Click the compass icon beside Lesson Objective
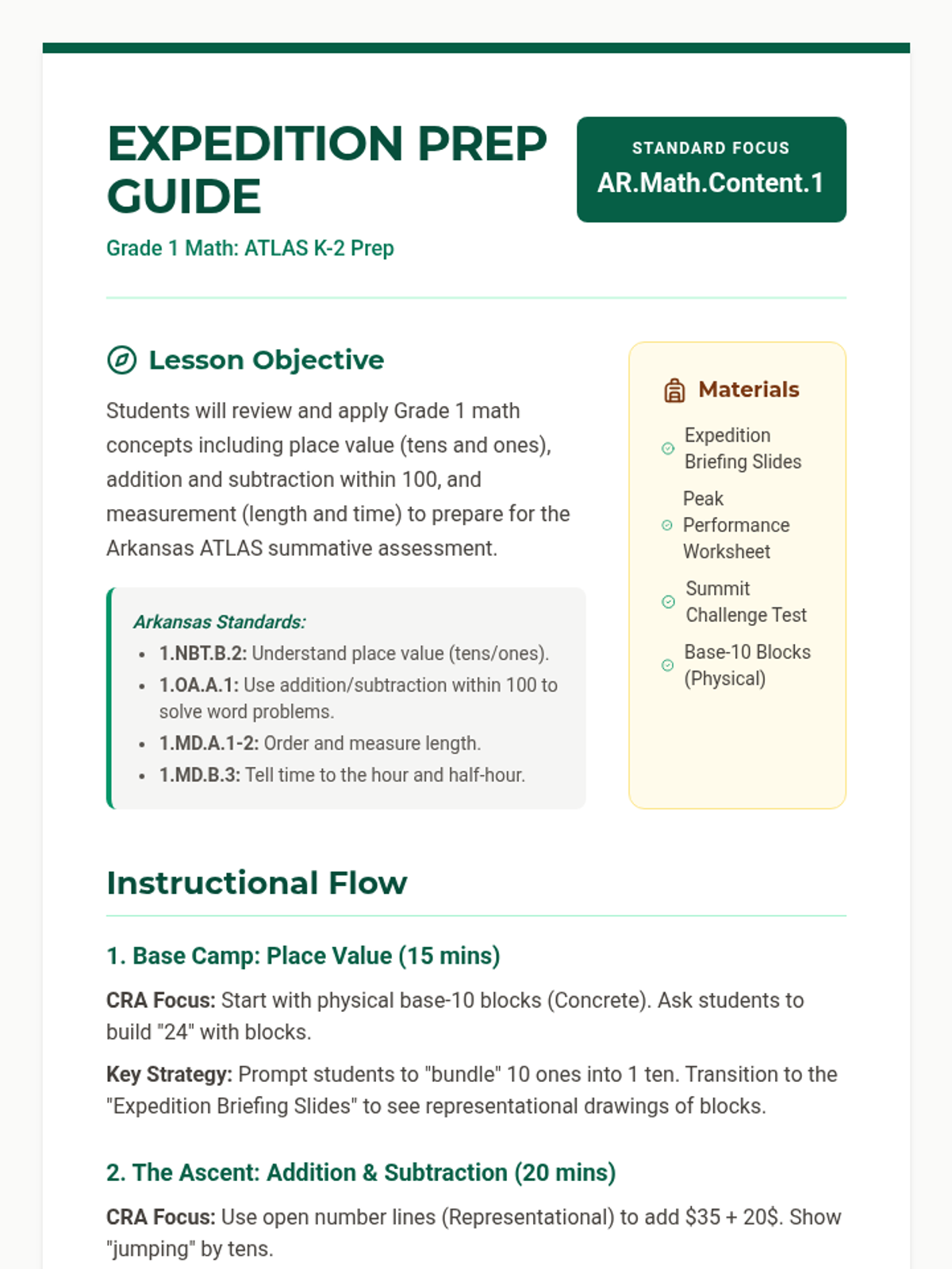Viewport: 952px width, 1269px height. point(121,360)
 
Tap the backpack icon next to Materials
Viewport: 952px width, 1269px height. point(674,390)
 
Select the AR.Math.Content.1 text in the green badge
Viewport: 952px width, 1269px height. point(710,183)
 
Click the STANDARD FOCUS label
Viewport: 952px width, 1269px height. point(710,148)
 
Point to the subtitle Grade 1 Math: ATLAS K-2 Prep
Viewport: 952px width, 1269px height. point(250,248)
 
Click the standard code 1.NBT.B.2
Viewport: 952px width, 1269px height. point(203,654)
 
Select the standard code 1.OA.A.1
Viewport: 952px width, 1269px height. point(198,685)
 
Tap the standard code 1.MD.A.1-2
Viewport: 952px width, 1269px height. point(209,744)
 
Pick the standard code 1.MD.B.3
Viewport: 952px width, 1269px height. point(199,776)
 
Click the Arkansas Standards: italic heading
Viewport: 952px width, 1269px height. point(219,623)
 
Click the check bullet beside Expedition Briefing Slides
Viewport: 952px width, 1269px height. point(668,449)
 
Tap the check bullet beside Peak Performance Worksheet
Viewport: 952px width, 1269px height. point(667,525)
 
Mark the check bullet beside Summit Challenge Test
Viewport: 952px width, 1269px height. point(669,602)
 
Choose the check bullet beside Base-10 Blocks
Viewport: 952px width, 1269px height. point(668,665)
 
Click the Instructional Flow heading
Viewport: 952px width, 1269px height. point(257,884)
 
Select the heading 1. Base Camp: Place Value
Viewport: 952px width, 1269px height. point(303,957)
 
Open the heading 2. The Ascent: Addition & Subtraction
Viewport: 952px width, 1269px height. point(361,1173)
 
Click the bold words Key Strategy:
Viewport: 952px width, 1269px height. point(169,1075)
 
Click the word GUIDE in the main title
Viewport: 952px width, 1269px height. point(184,197)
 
